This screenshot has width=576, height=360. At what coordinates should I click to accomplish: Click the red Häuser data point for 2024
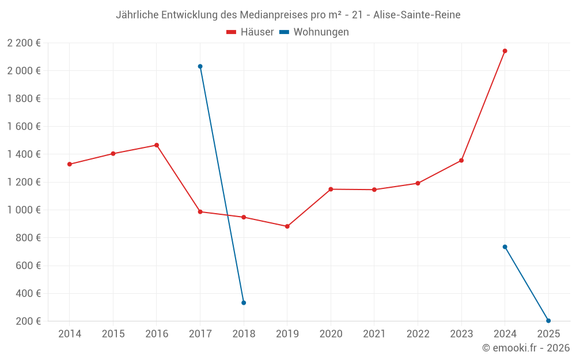[x=505, y=51]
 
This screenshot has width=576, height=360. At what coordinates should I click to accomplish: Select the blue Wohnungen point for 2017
[x=200, y=66]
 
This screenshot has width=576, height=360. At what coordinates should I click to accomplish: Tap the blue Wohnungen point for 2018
[x=244, y=302]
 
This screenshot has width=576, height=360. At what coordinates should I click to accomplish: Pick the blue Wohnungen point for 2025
[x=548, y=321]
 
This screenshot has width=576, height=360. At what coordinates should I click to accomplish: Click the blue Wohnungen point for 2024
[x=505, y=247]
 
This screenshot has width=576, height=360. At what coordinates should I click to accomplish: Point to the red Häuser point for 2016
[x=157, y=145]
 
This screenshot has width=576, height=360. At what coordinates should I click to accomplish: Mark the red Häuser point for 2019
[x=287, y=226]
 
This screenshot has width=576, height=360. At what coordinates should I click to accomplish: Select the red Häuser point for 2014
[x=70, y=164]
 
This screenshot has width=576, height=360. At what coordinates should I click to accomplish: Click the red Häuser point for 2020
[x=331, y=189]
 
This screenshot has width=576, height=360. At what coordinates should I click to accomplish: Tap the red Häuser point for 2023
[x=461, y=160]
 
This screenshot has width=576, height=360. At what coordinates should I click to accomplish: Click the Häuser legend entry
[x=250, y=32]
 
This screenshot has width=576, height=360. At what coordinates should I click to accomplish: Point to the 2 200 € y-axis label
[x=24, y=43]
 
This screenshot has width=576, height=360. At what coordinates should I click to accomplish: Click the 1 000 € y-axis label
[x=24, y=210]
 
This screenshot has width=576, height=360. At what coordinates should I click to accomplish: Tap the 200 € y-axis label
[x=28, y=321]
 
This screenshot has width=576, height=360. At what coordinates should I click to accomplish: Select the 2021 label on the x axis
[x=374, y=334]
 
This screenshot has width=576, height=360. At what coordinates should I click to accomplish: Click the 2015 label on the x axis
[x=113, y=334]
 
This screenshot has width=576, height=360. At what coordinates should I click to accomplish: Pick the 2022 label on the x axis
[x=418, y=334]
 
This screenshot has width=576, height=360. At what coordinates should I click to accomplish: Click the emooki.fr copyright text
[x=526, y=348]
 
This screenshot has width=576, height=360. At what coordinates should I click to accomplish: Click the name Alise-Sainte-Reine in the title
[x=416, y=15]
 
